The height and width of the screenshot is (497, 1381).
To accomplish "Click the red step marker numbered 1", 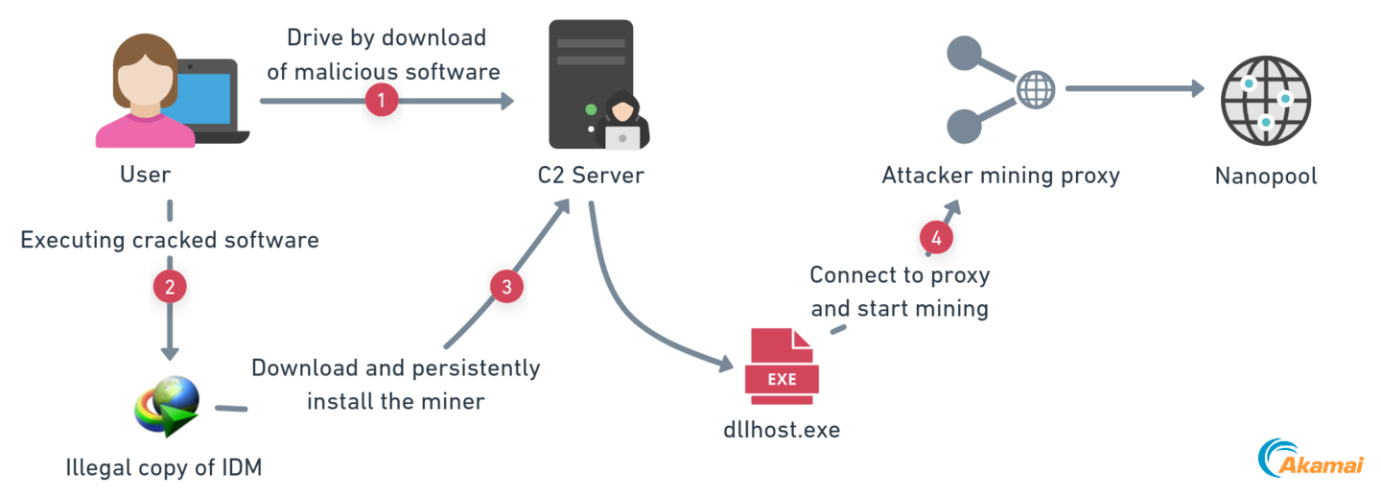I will [x=382, y=100].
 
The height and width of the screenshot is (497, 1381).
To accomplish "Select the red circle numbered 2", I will [x=169, y=285].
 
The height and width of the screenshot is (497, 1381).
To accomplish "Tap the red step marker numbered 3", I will [x=506, y=285].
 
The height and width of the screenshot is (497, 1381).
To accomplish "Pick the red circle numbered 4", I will [x=936, y=236].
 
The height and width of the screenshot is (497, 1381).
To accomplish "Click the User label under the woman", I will [x=146, y=176].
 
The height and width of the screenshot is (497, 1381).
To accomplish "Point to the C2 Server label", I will [x=591, y=176].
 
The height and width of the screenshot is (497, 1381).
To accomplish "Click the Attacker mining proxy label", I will [x=1000, y=176].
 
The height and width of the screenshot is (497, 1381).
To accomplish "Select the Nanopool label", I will [x=1266, y=176].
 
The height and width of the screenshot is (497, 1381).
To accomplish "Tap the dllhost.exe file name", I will [x=782, y=429].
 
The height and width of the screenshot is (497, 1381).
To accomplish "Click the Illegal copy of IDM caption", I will [x=164, y=468].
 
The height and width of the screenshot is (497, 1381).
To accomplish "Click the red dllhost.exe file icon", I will [x=782, y=365].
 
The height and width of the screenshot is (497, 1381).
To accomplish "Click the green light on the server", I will [x=592, y=108].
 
